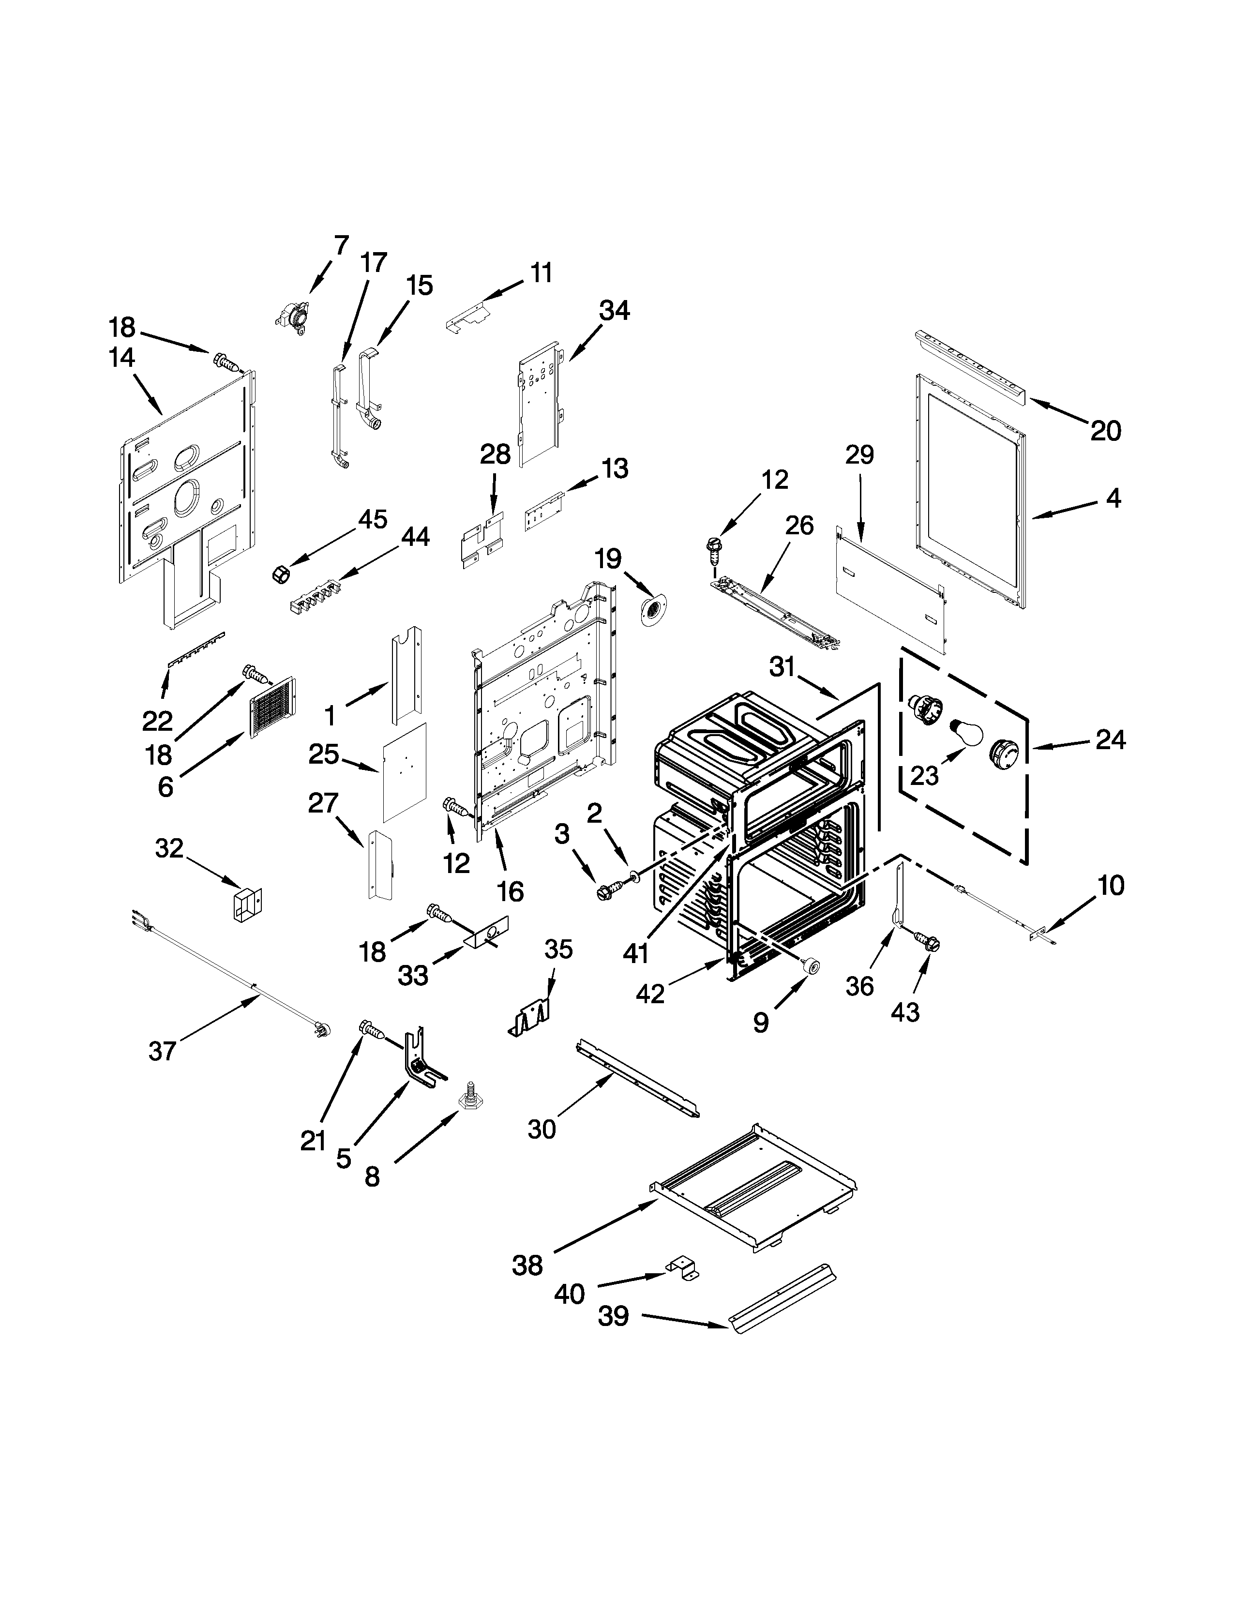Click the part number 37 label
(162, 1052)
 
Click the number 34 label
(614, 311)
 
